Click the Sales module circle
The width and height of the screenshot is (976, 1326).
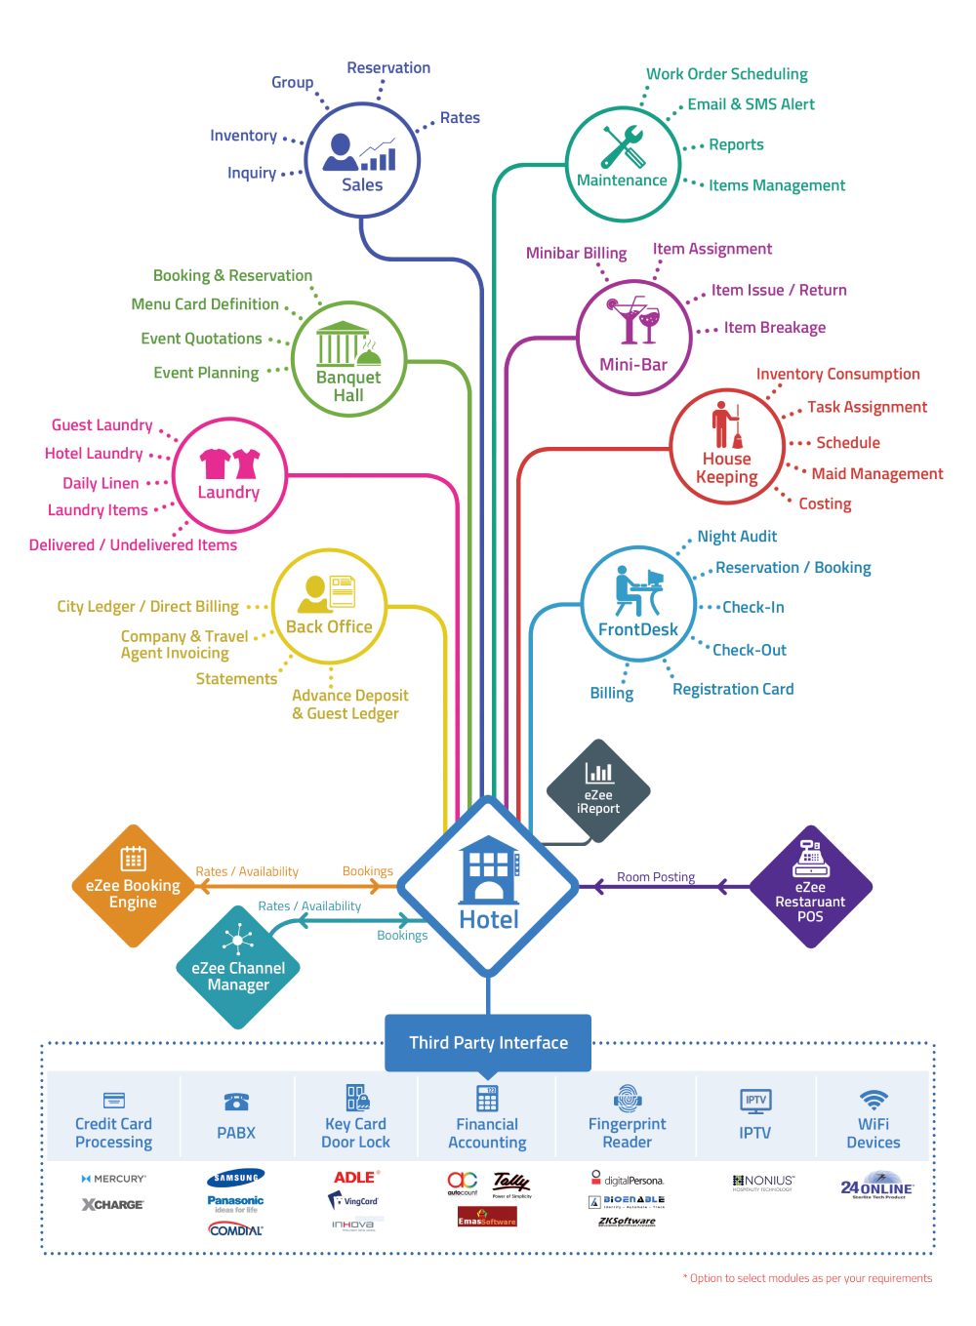point(362,160)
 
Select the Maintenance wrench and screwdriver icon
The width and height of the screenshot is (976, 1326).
point(622,146)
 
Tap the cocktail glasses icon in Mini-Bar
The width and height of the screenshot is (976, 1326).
point(633,321)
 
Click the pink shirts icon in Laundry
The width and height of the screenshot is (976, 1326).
point(229,462)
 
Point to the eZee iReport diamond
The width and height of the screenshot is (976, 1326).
point(598,789)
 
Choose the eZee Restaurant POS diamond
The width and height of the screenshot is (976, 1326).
point(810,887)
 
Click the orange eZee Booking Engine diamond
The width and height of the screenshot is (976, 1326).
point(134,886)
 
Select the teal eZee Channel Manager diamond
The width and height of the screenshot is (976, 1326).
point(238,967)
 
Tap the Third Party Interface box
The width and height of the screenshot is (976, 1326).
point(488,1042)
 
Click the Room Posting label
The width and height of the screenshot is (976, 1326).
point(656,877)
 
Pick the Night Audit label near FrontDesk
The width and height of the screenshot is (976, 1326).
point(737,537)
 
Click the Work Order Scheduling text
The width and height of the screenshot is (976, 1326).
point(727,74)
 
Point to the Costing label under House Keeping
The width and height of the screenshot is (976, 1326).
point(825,503)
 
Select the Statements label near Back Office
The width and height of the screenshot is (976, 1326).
point(236,679)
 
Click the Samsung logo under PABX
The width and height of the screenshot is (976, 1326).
point(236,1178)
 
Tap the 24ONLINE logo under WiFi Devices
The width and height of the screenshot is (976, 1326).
point(876,1188)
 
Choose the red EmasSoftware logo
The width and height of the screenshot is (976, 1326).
point(487,1218)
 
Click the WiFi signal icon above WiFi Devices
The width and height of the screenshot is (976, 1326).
point(874,1099)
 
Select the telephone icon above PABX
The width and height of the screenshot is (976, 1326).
point(236,1102)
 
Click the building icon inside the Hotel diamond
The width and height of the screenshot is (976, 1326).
point(488,869)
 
